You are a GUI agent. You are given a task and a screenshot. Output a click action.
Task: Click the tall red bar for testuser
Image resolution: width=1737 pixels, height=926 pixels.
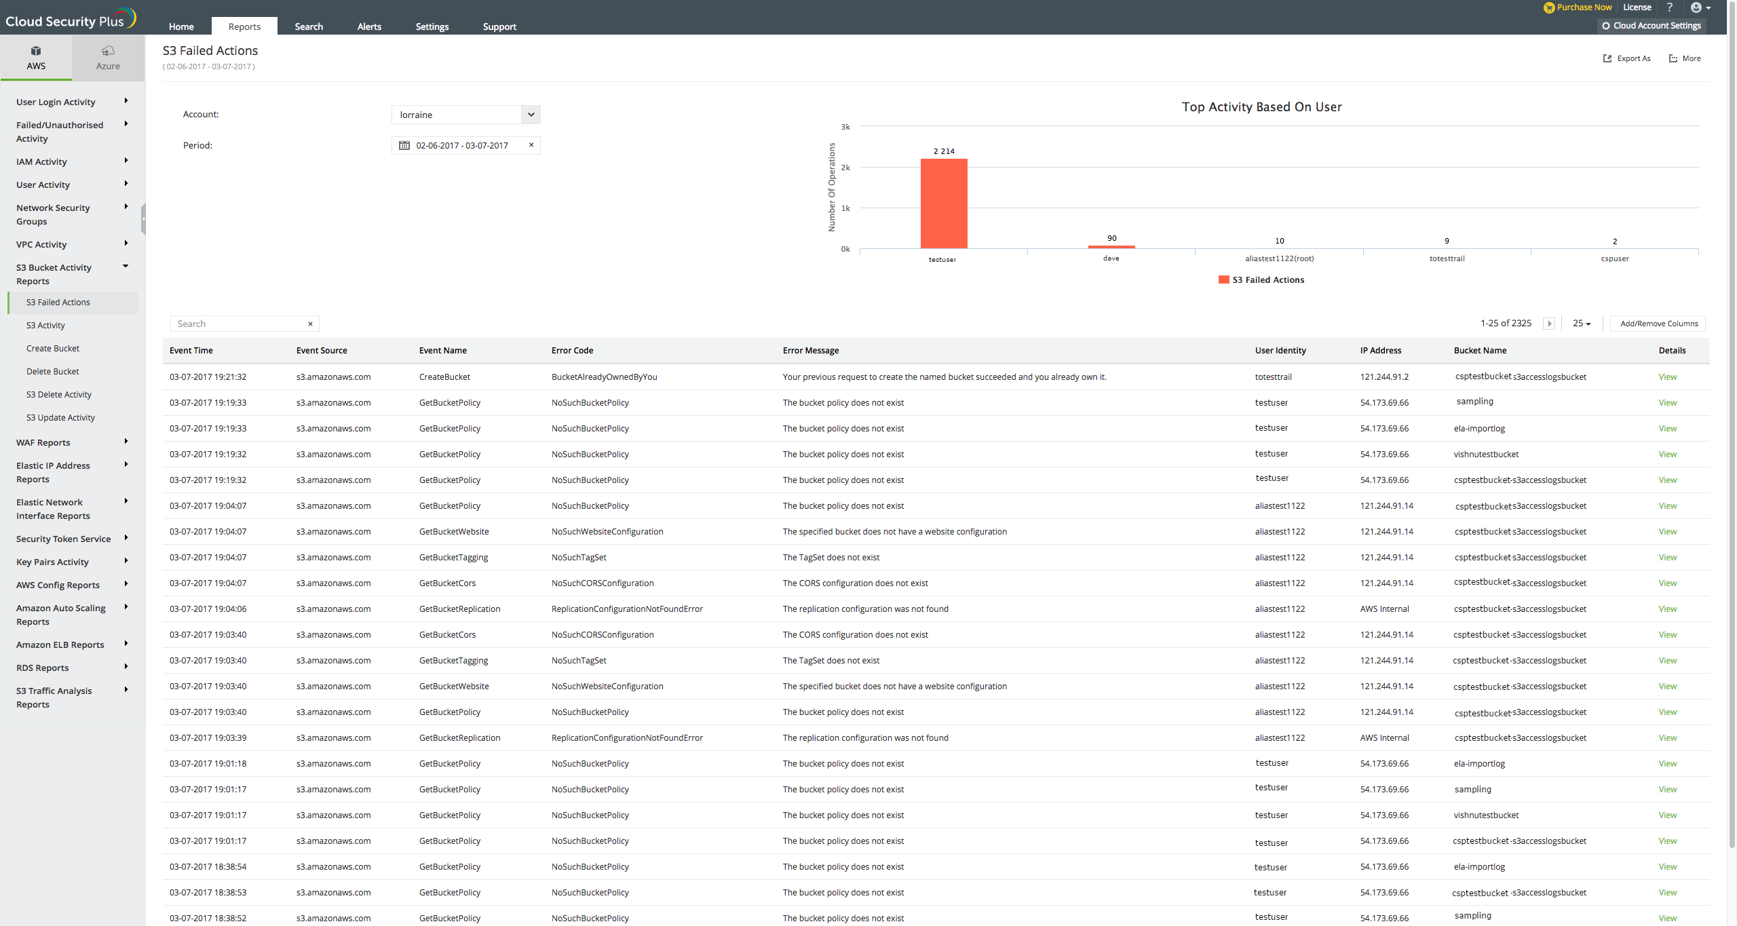(x=943, y=204)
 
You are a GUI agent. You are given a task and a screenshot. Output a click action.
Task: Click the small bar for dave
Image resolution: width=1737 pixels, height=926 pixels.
(x=1111, y=246)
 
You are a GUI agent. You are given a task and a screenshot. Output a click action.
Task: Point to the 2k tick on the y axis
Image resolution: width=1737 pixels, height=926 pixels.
(x=845, y=168)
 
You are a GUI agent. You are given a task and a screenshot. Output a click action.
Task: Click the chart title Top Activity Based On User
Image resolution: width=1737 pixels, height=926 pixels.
(x=1261, y=107)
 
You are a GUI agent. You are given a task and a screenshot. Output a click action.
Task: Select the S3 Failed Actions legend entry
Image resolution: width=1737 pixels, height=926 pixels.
(x=1261, y=280)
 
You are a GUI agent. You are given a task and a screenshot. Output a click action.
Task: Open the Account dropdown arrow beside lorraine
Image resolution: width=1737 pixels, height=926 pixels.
(x=531, y=115)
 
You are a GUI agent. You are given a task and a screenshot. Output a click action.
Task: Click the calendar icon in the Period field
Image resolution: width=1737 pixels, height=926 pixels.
(x=404, y=145)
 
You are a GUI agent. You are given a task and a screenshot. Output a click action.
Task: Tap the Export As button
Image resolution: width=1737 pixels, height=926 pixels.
(x=1627, y=58)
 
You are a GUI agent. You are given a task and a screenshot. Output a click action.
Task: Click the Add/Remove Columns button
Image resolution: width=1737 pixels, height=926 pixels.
(x=1658, y=324)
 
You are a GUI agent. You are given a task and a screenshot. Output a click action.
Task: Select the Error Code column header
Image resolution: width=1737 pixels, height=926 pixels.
(x=572, y=351)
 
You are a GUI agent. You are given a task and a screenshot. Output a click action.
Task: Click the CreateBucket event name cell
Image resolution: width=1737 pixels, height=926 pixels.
(x=444, y=377)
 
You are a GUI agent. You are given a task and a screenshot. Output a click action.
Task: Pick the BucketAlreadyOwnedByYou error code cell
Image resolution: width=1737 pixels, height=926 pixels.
(x=604, y=377)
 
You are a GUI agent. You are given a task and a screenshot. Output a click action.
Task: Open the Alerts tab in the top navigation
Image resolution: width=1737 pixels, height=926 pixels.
(x=369, y=26)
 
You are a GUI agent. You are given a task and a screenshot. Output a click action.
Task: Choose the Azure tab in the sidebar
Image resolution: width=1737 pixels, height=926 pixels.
(x=108, y=58)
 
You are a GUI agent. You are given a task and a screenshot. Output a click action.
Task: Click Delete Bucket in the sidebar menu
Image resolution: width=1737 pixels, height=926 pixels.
(x=53, y=372)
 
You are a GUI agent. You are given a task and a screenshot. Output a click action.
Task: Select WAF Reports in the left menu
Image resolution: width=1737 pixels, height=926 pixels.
(x=43, y=443)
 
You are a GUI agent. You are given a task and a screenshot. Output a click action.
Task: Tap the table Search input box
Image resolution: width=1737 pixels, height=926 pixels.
(x=239, y=324)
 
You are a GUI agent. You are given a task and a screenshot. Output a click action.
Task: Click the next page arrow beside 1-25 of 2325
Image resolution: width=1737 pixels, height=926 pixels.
(x=1549, y=324)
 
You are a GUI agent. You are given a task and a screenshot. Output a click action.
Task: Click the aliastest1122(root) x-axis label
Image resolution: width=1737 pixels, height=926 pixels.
(x=1279, y=258)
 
